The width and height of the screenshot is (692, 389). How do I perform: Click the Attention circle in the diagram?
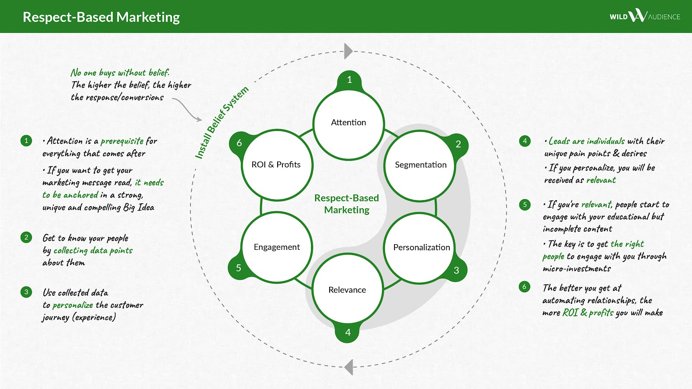click(x=349, y=123)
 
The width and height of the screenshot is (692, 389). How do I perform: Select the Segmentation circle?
click(x=420, y=165)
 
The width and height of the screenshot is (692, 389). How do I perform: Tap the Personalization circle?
click(x=421, y=247)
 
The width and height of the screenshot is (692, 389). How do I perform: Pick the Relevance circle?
click(x=347, y=290)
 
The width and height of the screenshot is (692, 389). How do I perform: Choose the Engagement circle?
click(x=277, y=247)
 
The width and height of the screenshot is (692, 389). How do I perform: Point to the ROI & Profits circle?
click(x=276, y=165)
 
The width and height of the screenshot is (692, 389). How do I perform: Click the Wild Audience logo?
click(x=644, y=16)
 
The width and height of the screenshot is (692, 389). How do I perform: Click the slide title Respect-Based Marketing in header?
click(x=101, y=17)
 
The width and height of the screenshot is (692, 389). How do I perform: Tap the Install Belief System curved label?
click(x=221, y=122)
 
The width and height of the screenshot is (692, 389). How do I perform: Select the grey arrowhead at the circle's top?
click(x=348, y=51)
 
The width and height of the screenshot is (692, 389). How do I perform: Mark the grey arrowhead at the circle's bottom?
click(x=349, y=367)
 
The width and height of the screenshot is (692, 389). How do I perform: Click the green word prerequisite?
click(x=122, y=141)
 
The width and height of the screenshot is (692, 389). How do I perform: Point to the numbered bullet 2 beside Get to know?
click(x=26, y=237)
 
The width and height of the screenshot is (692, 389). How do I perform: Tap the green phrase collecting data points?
click(x=93, y=250)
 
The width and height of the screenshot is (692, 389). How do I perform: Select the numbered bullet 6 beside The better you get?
click(x=524, y=287)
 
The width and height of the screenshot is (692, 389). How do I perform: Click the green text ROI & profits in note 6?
click(x=588, y=312)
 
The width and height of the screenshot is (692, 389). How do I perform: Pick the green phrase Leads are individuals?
click(x=586, y=141)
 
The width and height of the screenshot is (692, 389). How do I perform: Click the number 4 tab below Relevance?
click(x=348, y=332)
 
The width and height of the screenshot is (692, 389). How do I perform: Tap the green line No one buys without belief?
click(x=120, y=73)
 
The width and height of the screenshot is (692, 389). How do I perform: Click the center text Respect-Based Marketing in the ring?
click(x=346, y=204)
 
